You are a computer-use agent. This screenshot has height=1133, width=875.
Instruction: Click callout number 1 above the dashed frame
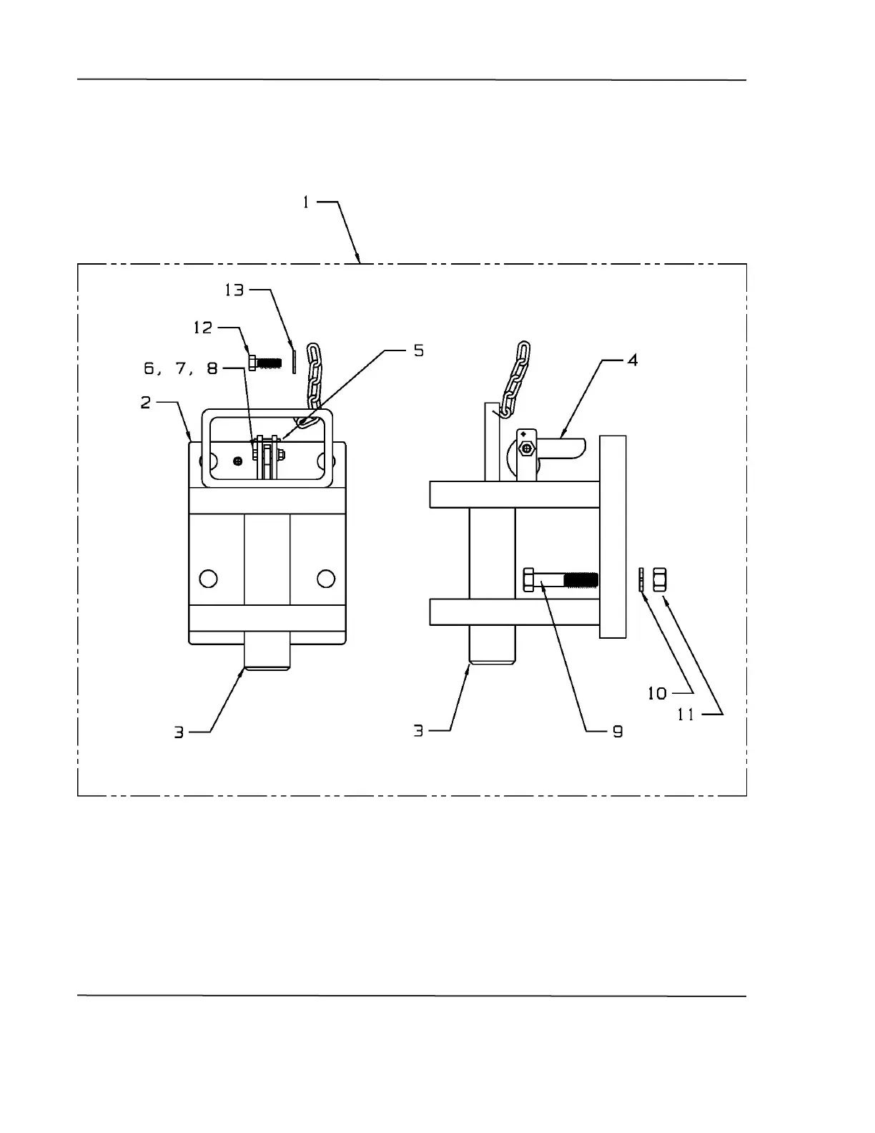306,202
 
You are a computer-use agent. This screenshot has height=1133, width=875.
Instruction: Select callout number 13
234,290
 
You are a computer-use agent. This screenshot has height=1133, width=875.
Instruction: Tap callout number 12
203,328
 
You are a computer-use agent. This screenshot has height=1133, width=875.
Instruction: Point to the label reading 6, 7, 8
181,368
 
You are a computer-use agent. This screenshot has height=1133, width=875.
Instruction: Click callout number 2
146,403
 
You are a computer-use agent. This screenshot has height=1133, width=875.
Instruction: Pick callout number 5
418,350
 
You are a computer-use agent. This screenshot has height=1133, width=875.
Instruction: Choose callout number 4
632,360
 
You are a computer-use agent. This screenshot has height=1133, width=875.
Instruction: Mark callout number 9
617,732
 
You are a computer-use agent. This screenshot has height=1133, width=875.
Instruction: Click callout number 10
657,693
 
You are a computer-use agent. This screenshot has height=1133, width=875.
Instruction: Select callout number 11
686,715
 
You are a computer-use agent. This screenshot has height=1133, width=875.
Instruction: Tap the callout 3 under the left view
179,732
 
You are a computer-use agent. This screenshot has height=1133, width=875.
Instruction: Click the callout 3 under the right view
419,731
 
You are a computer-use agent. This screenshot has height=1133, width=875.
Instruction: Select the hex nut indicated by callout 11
660,579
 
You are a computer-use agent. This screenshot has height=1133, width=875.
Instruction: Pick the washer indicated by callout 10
642,579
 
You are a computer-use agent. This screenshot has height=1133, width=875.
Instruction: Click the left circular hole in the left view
208,578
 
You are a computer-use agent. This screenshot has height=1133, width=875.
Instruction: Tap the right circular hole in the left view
326,578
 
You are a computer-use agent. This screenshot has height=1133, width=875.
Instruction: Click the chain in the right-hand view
516,379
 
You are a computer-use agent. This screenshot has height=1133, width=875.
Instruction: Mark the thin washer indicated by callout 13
293,360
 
